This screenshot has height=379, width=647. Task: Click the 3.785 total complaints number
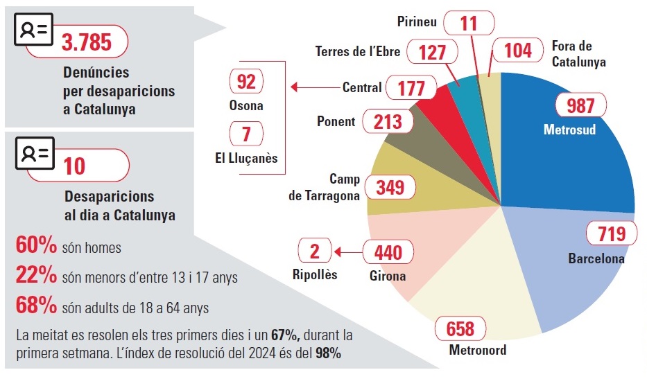[x=87, y=42]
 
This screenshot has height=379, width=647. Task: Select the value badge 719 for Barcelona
[x=611, y=234]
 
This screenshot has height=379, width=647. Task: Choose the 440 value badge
[x=388, y=252]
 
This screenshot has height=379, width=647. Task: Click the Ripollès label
[x=314, y=274]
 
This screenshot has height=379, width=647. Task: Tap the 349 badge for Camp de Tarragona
[x=395, y=187]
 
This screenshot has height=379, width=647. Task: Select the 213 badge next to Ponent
[x=388, y=122]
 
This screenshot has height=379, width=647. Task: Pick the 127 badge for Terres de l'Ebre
[x=432, y=52]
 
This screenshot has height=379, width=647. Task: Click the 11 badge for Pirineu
[x=469, y=23]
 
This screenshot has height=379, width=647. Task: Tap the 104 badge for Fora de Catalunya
[x=518, y=50]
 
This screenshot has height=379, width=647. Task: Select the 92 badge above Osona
[x=246, y=82]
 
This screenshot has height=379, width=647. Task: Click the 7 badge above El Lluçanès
[x=246, y=133]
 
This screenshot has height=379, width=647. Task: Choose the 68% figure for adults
[x=36, y=305]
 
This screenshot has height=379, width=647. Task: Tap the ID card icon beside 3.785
[x=34, y=31]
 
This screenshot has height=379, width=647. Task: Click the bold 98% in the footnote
[x=328, y=353]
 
